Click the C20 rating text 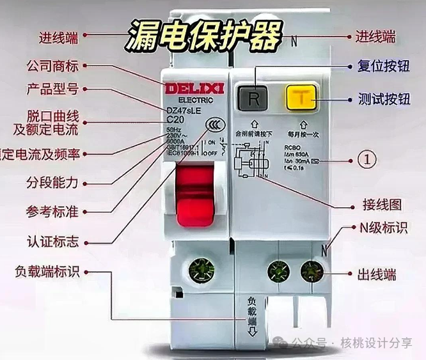point(175,120)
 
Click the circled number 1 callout point(366,159)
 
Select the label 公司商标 point(52,66)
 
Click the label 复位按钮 point(383,66)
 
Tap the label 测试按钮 point(383,100)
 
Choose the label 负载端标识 point(47,271)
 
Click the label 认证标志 point(52,242)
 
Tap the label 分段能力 point(52,182)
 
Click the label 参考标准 point(52,211)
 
